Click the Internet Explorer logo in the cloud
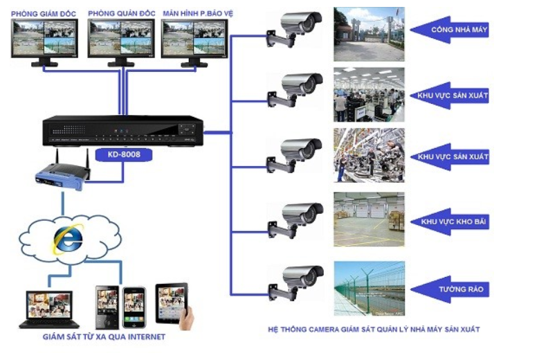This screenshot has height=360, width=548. pos(68,239)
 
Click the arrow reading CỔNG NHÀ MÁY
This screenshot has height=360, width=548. pos(450,30)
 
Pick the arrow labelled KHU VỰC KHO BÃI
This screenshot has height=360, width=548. pos(450,222)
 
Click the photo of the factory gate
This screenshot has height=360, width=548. pos(369,34)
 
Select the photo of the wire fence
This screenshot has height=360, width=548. pos(369,288)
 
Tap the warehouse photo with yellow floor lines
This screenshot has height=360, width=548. pos(369,219)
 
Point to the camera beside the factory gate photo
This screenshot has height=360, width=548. pos(294,28)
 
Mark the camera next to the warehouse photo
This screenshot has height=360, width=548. pos(294,219)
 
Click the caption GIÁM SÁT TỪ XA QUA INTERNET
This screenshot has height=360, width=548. pos(104,337)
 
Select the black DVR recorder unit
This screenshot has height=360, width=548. pos(122,132)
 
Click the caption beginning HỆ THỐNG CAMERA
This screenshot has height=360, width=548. pos(373,330)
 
